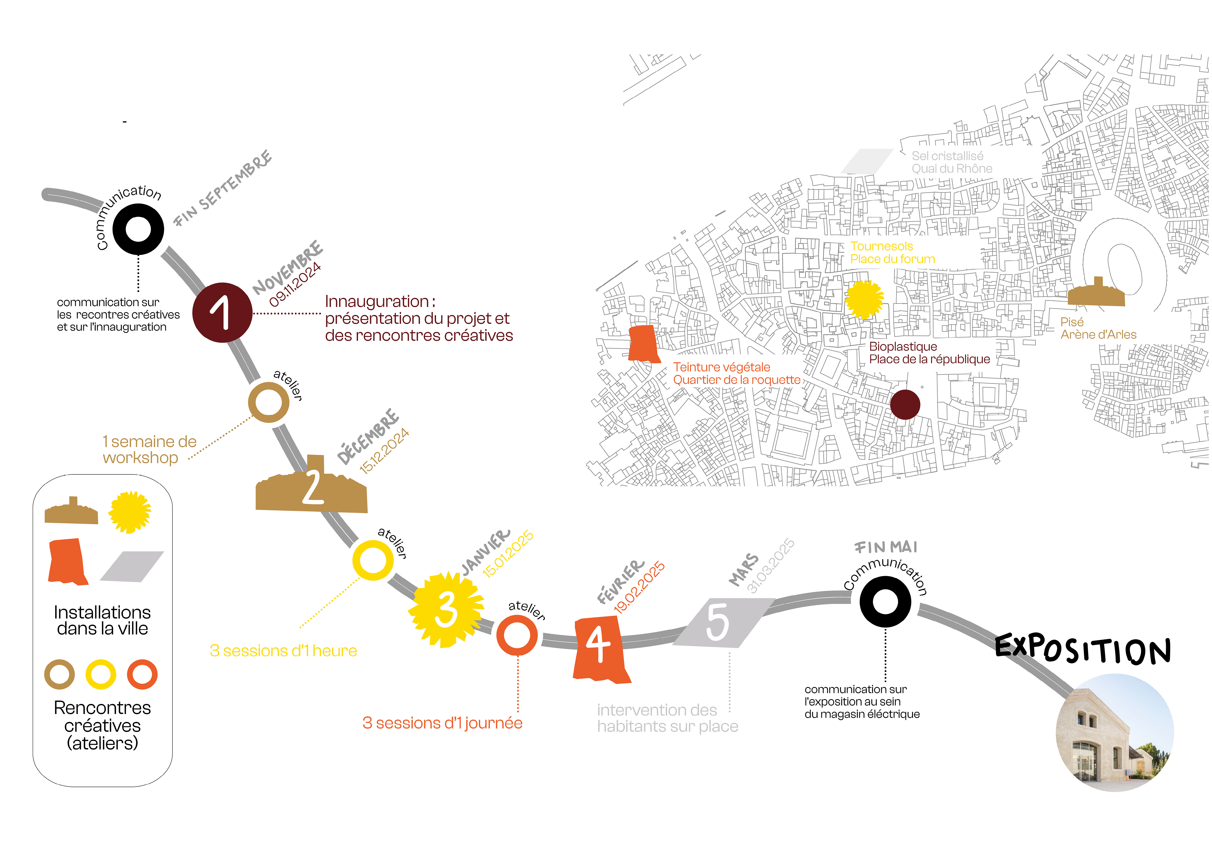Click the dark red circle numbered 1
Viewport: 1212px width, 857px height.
tap(222, 312)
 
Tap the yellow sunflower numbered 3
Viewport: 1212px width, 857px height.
tap(446, 610)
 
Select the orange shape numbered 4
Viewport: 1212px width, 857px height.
tap(600, 649)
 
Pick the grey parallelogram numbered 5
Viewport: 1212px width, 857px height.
tap(723, 623)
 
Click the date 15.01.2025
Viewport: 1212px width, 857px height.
tap(508, 554)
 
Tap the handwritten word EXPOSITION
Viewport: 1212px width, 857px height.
tap(1082, 649)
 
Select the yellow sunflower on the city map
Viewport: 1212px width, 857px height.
tap(864, 299)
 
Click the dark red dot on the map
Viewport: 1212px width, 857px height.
tap(905, 405)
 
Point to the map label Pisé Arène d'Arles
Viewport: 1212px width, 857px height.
tap(1098, 328)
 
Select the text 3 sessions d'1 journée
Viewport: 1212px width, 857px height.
tap(442, 723)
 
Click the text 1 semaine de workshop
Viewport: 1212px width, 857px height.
tap(149, 450)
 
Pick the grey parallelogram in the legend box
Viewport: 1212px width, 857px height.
tap(132, 567)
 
